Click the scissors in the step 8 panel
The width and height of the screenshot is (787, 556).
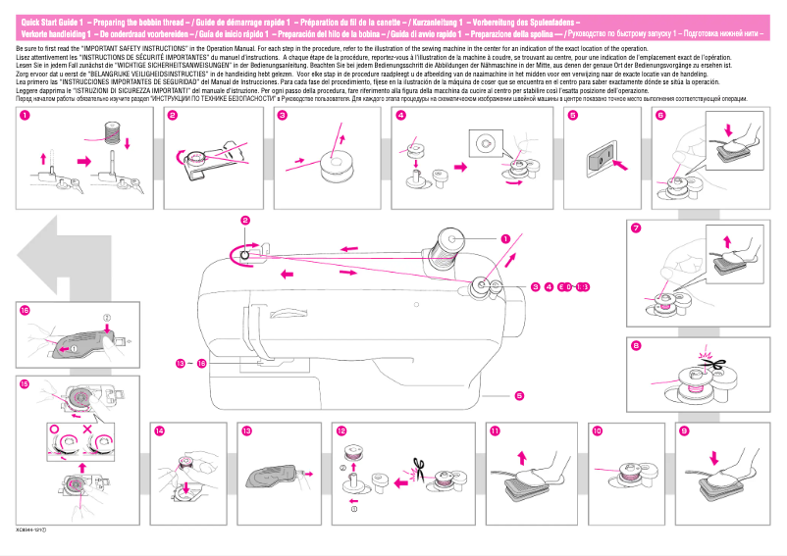pyautogui.click(x=713, y=363)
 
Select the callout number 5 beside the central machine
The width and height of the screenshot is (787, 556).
pyautogui.click(x=518, y=395)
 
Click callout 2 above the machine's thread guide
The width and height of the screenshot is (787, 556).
pyautogui.click(x=245, y=221)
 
